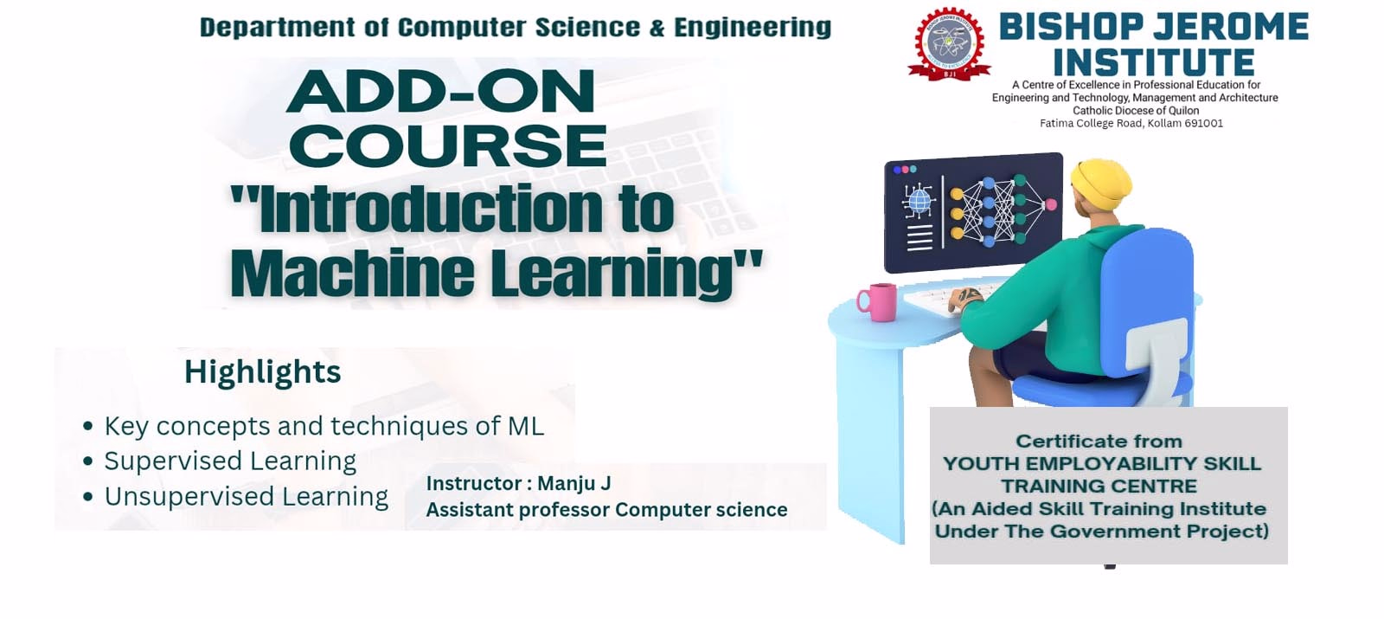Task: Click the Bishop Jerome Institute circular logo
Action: point(950,44)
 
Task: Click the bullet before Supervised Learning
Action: point(87,461)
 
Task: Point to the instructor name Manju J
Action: point(574,483)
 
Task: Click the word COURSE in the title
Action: point(448,146)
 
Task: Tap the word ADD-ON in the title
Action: point(440,91)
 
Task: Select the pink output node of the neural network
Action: point(1050,204)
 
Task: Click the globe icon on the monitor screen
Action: point(919,201)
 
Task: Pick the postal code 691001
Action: point(1203,123)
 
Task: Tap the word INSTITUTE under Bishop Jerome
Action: point(1154,62)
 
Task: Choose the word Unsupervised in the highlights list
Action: point(189,497)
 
